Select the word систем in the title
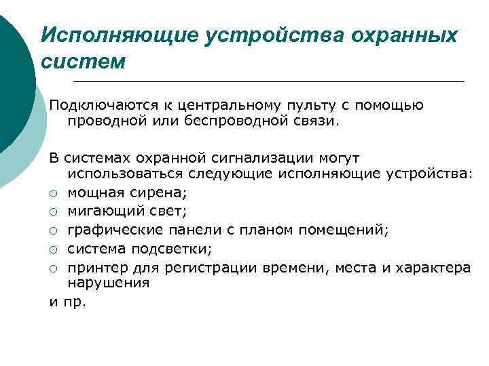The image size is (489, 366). [x=83, y=62]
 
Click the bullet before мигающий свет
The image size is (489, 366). [x=54, y=211]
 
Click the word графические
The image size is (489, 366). [x=109, y=230]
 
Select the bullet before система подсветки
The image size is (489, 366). [x=54, y=249]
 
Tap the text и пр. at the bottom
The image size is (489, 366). [x=68, y=302]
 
